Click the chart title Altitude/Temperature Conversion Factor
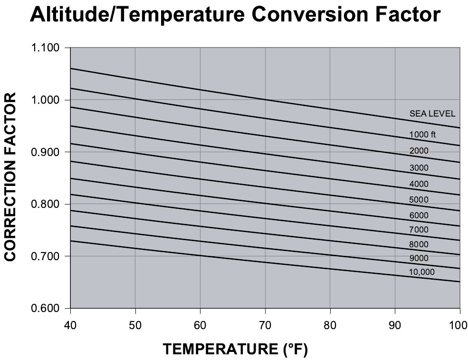[235, 16]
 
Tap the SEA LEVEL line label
[432, 114]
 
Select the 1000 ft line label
[422, 135]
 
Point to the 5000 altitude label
[419, 200]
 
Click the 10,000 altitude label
[421, 272]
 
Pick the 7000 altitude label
[419, 230]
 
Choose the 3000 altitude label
[419, 168]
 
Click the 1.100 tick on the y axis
[44, 48]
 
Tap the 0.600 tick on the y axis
[44, 309]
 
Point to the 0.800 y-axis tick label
[44, 204]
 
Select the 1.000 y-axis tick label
[44, 100]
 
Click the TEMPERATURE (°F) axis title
[236, 350]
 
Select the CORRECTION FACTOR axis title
[11, 177]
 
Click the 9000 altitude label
[419, 258]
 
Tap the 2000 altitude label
[419, 151]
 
